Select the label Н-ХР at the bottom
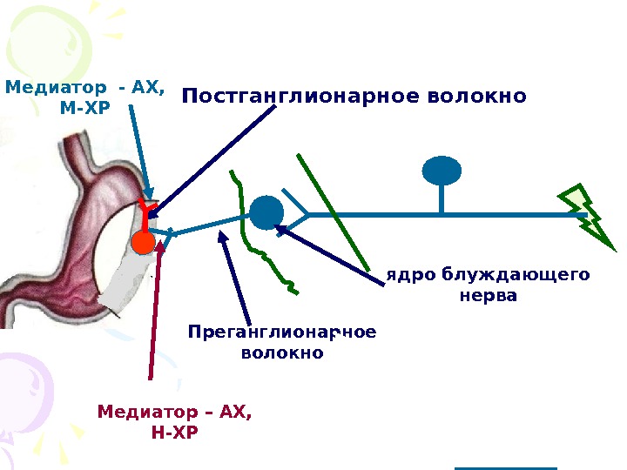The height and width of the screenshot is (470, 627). pyautogui.click(x=174, y=433)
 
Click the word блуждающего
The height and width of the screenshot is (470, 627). pyautogui.click(x=515, y=277)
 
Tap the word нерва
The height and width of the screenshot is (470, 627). pyautogui.click(x=487, y=297)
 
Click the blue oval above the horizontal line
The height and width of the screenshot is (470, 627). pyautogui.click(x=442, y=171)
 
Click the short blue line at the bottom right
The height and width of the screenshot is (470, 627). pyautogui.click(x=506, y=467)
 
